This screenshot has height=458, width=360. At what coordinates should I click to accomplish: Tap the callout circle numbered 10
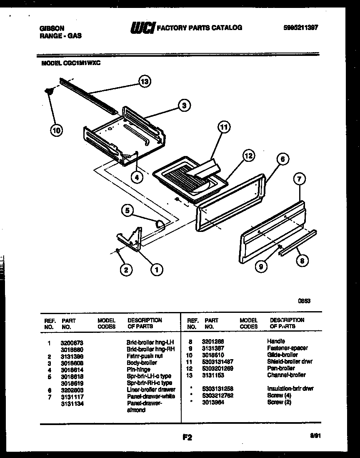click(x=56, y=131)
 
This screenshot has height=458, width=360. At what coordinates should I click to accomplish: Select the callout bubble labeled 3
click(x=184, y=106)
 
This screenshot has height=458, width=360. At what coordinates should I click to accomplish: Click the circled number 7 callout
click(x=300, y=180)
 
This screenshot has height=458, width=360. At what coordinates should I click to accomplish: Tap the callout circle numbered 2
click(x=125, y=270)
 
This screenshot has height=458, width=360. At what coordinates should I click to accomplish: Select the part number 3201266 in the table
click(x=213, y=341)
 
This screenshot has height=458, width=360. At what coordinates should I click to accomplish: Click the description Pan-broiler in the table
click(x=281, y=368)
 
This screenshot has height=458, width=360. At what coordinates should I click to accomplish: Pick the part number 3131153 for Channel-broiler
click(x=213, y=375)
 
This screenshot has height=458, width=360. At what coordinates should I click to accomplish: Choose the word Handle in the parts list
click(x=276, y=341)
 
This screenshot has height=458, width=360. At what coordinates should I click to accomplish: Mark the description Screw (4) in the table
click(x=275, y=395)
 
